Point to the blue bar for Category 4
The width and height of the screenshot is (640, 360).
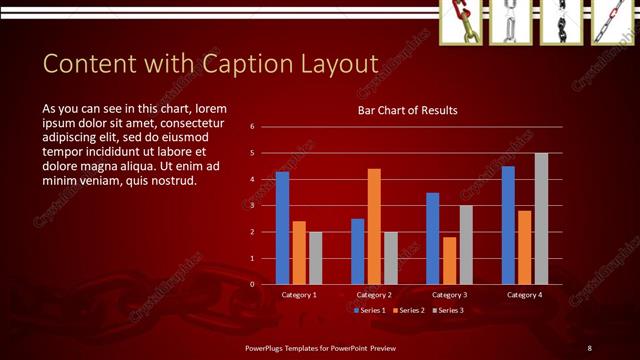click(x=508, y=225)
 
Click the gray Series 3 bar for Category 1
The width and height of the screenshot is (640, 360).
click(x=315, y=258)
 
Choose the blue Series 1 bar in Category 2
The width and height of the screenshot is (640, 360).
click(x=358, y=251)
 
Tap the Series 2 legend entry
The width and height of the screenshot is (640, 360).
click(x=408, y=310)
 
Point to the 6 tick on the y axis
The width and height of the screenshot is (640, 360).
click(x=253, y=127)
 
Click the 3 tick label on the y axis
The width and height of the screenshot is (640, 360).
click(x=253, y=205)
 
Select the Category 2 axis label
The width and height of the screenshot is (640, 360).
click(x=374, y=295)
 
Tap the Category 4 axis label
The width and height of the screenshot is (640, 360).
click(x=524, y=295)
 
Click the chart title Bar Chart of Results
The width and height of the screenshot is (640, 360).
click(x=407, y=110)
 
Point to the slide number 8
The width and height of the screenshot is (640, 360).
click(x=590, y=347)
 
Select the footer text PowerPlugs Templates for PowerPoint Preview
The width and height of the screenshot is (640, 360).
click(x=321, y=347)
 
